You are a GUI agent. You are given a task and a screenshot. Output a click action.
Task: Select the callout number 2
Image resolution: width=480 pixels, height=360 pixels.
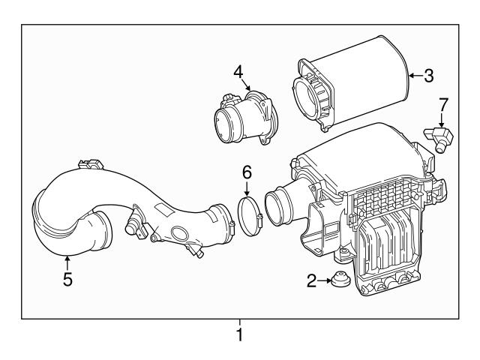[x=311, y=281]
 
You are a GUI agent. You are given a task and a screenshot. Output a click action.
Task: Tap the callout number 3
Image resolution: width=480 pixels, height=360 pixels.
[x=428, y=75]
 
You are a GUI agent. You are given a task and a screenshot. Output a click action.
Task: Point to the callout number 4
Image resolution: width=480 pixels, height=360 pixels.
[x=238, y=72]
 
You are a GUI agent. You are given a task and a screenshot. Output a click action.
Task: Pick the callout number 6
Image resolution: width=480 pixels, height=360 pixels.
[x=246, y=172]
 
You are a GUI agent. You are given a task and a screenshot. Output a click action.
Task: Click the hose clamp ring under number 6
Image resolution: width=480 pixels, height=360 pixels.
[x=248, y=213]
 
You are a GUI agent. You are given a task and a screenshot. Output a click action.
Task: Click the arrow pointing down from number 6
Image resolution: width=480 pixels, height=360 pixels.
[x=246, y=189]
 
